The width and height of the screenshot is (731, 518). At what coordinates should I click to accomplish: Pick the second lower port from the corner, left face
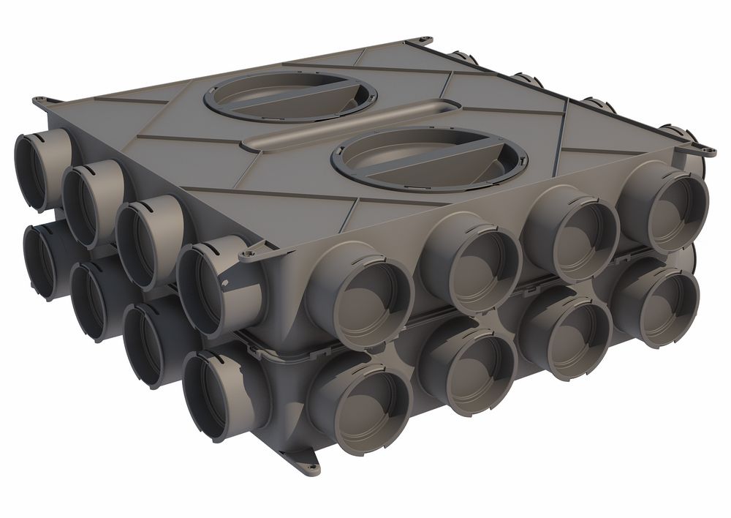pyautogui.click(x=150, y=345)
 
